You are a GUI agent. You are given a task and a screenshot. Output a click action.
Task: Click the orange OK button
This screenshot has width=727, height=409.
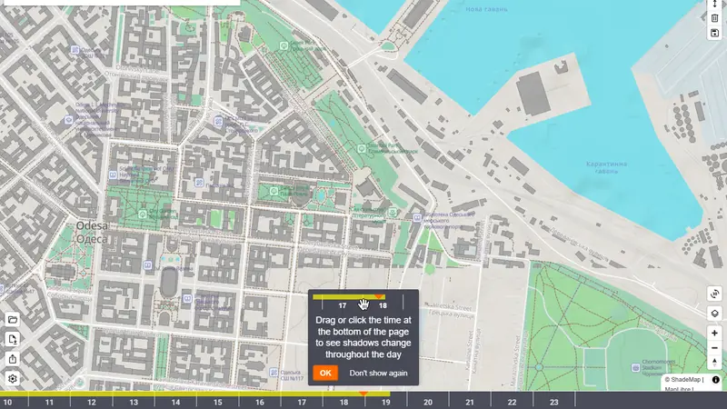click(325, 373)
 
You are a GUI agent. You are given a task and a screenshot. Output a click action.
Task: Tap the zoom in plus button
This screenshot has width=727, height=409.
click(715, 334)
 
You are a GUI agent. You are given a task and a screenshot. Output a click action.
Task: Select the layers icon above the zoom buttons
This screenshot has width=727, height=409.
click(715, 313)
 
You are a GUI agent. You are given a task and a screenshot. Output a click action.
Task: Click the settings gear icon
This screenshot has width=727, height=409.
click(13, 378)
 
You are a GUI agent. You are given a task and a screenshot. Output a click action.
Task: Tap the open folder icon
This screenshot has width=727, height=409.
click(13, 320)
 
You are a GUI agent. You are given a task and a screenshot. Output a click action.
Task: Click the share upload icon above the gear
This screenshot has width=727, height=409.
click(13, 359)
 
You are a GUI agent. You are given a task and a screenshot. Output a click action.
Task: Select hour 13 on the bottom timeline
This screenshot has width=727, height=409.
click(134, 402)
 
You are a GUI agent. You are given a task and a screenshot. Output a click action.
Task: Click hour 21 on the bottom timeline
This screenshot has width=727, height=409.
click(469, 402)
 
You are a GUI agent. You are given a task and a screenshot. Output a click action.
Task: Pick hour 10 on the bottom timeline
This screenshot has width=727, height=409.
click(7, 402)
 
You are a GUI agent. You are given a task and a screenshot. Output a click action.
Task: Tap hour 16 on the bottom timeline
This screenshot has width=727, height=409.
click(259, 402)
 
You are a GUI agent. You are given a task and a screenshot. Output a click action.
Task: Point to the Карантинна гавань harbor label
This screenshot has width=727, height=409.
click(605, 167)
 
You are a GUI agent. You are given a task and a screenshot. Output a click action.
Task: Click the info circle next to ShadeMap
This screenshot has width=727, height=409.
click(716, 379)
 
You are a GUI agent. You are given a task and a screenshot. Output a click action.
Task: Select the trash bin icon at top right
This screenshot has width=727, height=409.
click(715, 18)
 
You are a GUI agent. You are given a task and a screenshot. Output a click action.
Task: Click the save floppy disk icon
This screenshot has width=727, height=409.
click(715, 33)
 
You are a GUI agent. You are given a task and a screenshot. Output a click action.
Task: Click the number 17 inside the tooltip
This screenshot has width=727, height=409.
click(342, 305)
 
